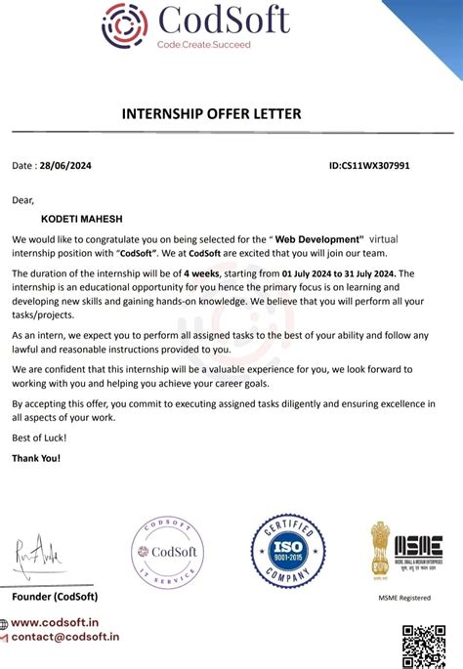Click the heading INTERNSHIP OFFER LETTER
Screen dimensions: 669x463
(211, 113)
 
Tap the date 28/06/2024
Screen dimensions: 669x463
(63, 166)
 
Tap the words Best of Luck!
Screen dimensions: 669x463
(36, 438)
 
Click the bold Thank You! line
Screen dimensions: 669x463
(36, 457)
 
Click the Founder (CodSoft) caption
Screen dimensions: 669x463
(55, 597)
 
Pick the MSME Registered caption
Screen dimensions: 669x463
(404, 598)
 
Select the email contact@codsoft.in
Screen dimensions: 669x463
(67, 637)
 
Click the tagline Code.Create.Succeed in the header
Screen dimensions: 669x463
(204, 45)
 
